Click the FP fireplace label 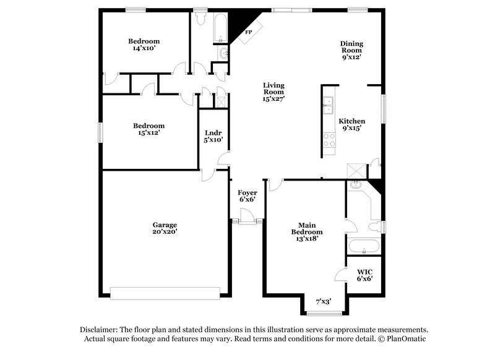pos(249,32)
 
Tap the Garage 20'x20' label pos(165,228)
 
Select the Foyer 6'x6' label pos(247,196)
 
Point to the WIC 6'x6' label pos(364,275)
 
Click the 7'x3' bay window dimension pos(323,302)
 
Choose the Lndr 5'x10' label pos(213,136)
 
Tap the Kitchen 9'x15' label pos(351,125)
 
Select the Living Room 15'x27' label pos(273,92)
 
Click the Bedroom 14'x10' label pos(144,44)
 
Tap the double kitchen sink pos(329,103)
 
